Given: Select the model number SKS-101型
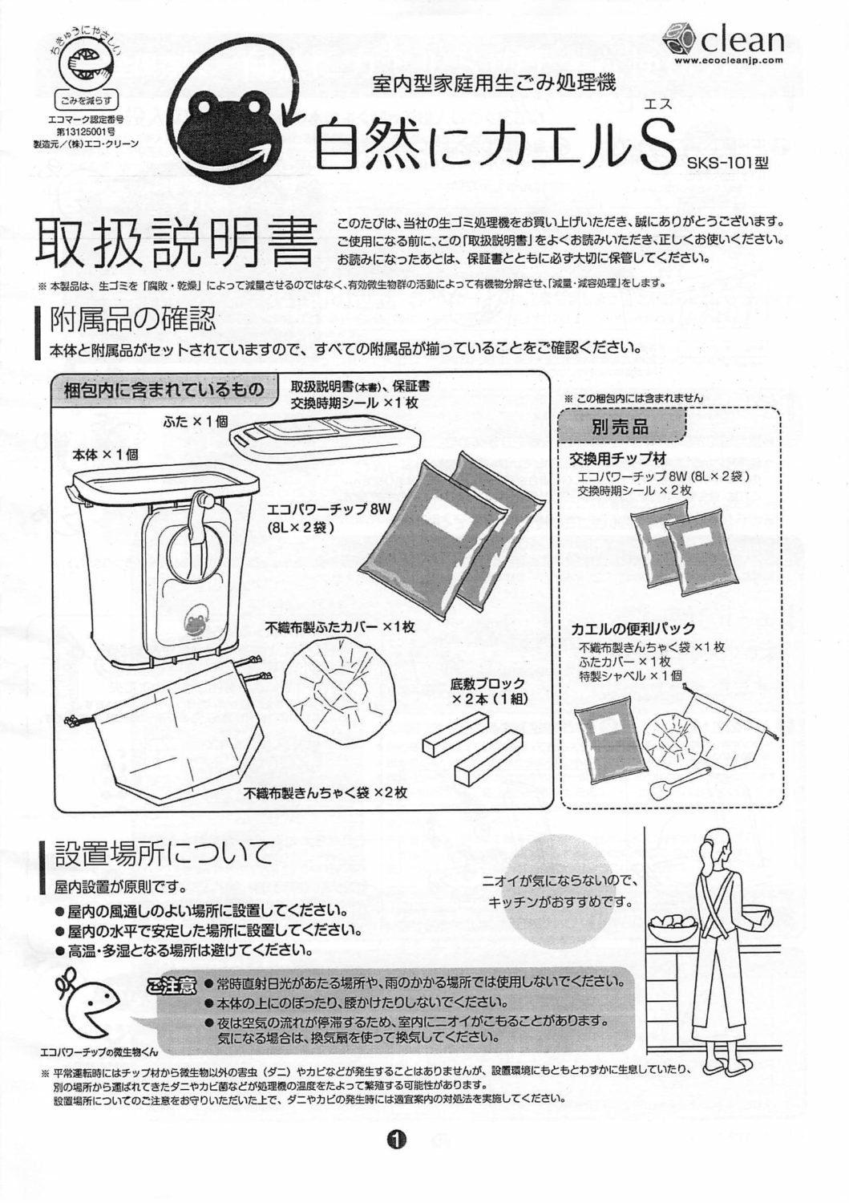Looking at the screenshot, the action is pos(728,162).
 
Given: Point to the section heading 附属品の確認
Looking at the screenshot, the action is pos(133,321).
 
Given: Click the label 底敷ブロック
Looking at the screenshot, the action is pos(488,683).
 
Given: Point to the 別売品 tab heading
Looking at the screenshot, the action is pos(621,427).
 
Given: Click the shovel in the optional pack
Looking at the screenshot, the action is pos(678,783).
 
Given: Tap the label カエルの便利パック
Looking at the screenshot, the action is pos(633,628).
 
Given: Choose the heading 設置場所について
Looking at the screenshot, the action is pos(164,853).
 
